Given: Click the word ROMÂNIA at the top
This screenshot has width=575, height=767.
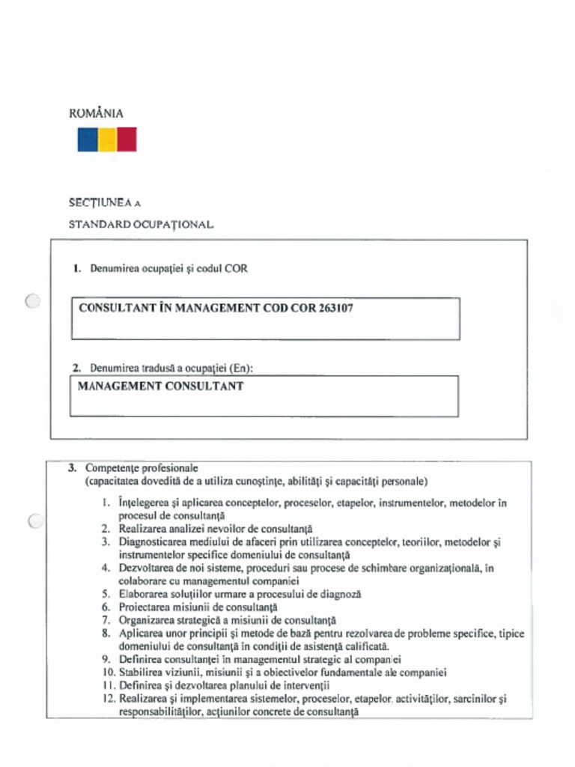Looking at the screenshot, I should click(96, 114).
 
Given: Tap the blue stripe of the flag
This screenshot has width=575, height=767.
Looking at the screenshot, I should click(88, 139).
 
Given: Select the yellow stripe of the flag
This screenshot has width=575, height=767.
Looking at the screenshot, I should click(107, 139).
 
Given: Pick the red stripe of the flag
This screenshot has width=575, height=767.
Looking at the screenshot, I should click(127, 139).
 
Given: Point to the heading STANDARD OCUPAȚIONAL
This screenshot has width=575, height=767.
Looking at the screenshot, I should click(142, 224).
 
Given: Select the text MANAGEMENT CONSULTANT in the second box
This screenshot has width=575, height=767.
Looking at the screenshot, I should click(160, 386).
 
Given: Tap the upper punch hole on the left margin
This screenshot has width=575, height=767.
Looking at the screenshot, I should click(32, 301).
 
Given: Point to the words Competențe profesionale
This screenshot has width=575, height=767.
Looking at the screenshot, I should click(142, 467).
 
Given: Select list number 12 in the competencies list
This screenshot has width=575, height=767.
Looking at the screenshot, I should click(108, 699).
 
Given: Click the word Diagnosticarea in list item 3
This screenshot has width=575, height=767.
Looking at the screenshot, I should click(153, 542).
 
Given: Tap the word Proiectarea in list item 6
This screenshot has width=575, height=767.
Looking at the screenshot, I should click(146, 607).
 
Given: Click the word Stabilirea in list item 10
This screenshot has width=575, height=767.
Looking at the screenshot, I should click(144, 673).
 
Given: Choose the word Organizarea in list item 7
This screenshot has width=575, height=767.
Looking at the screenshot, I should click(148, 620).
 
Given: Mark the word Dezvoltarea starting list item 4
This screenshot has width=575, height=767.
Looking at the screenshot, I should click(148, 569).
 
